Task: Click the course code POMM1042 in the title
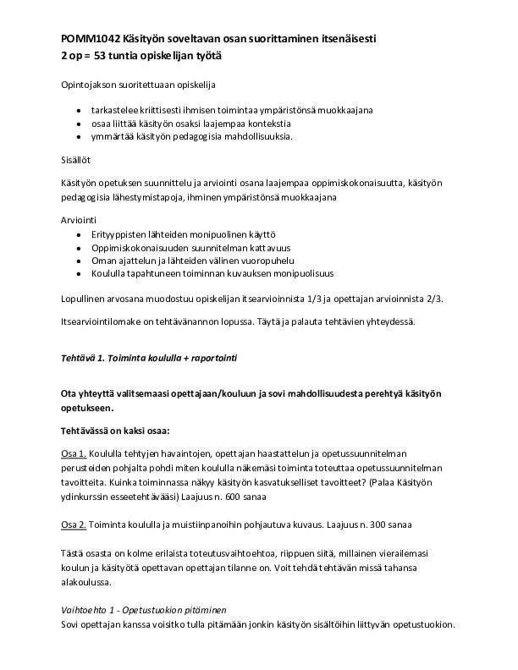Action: pos(91,39)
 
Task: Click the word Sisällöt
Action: pos(76,159)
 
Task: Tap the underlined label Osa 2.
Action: pos(74,524)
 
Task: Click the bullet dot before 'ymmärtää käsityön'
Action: pos(79,137)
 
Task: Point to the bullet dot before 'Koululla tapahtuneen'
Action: pos(79,273)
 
